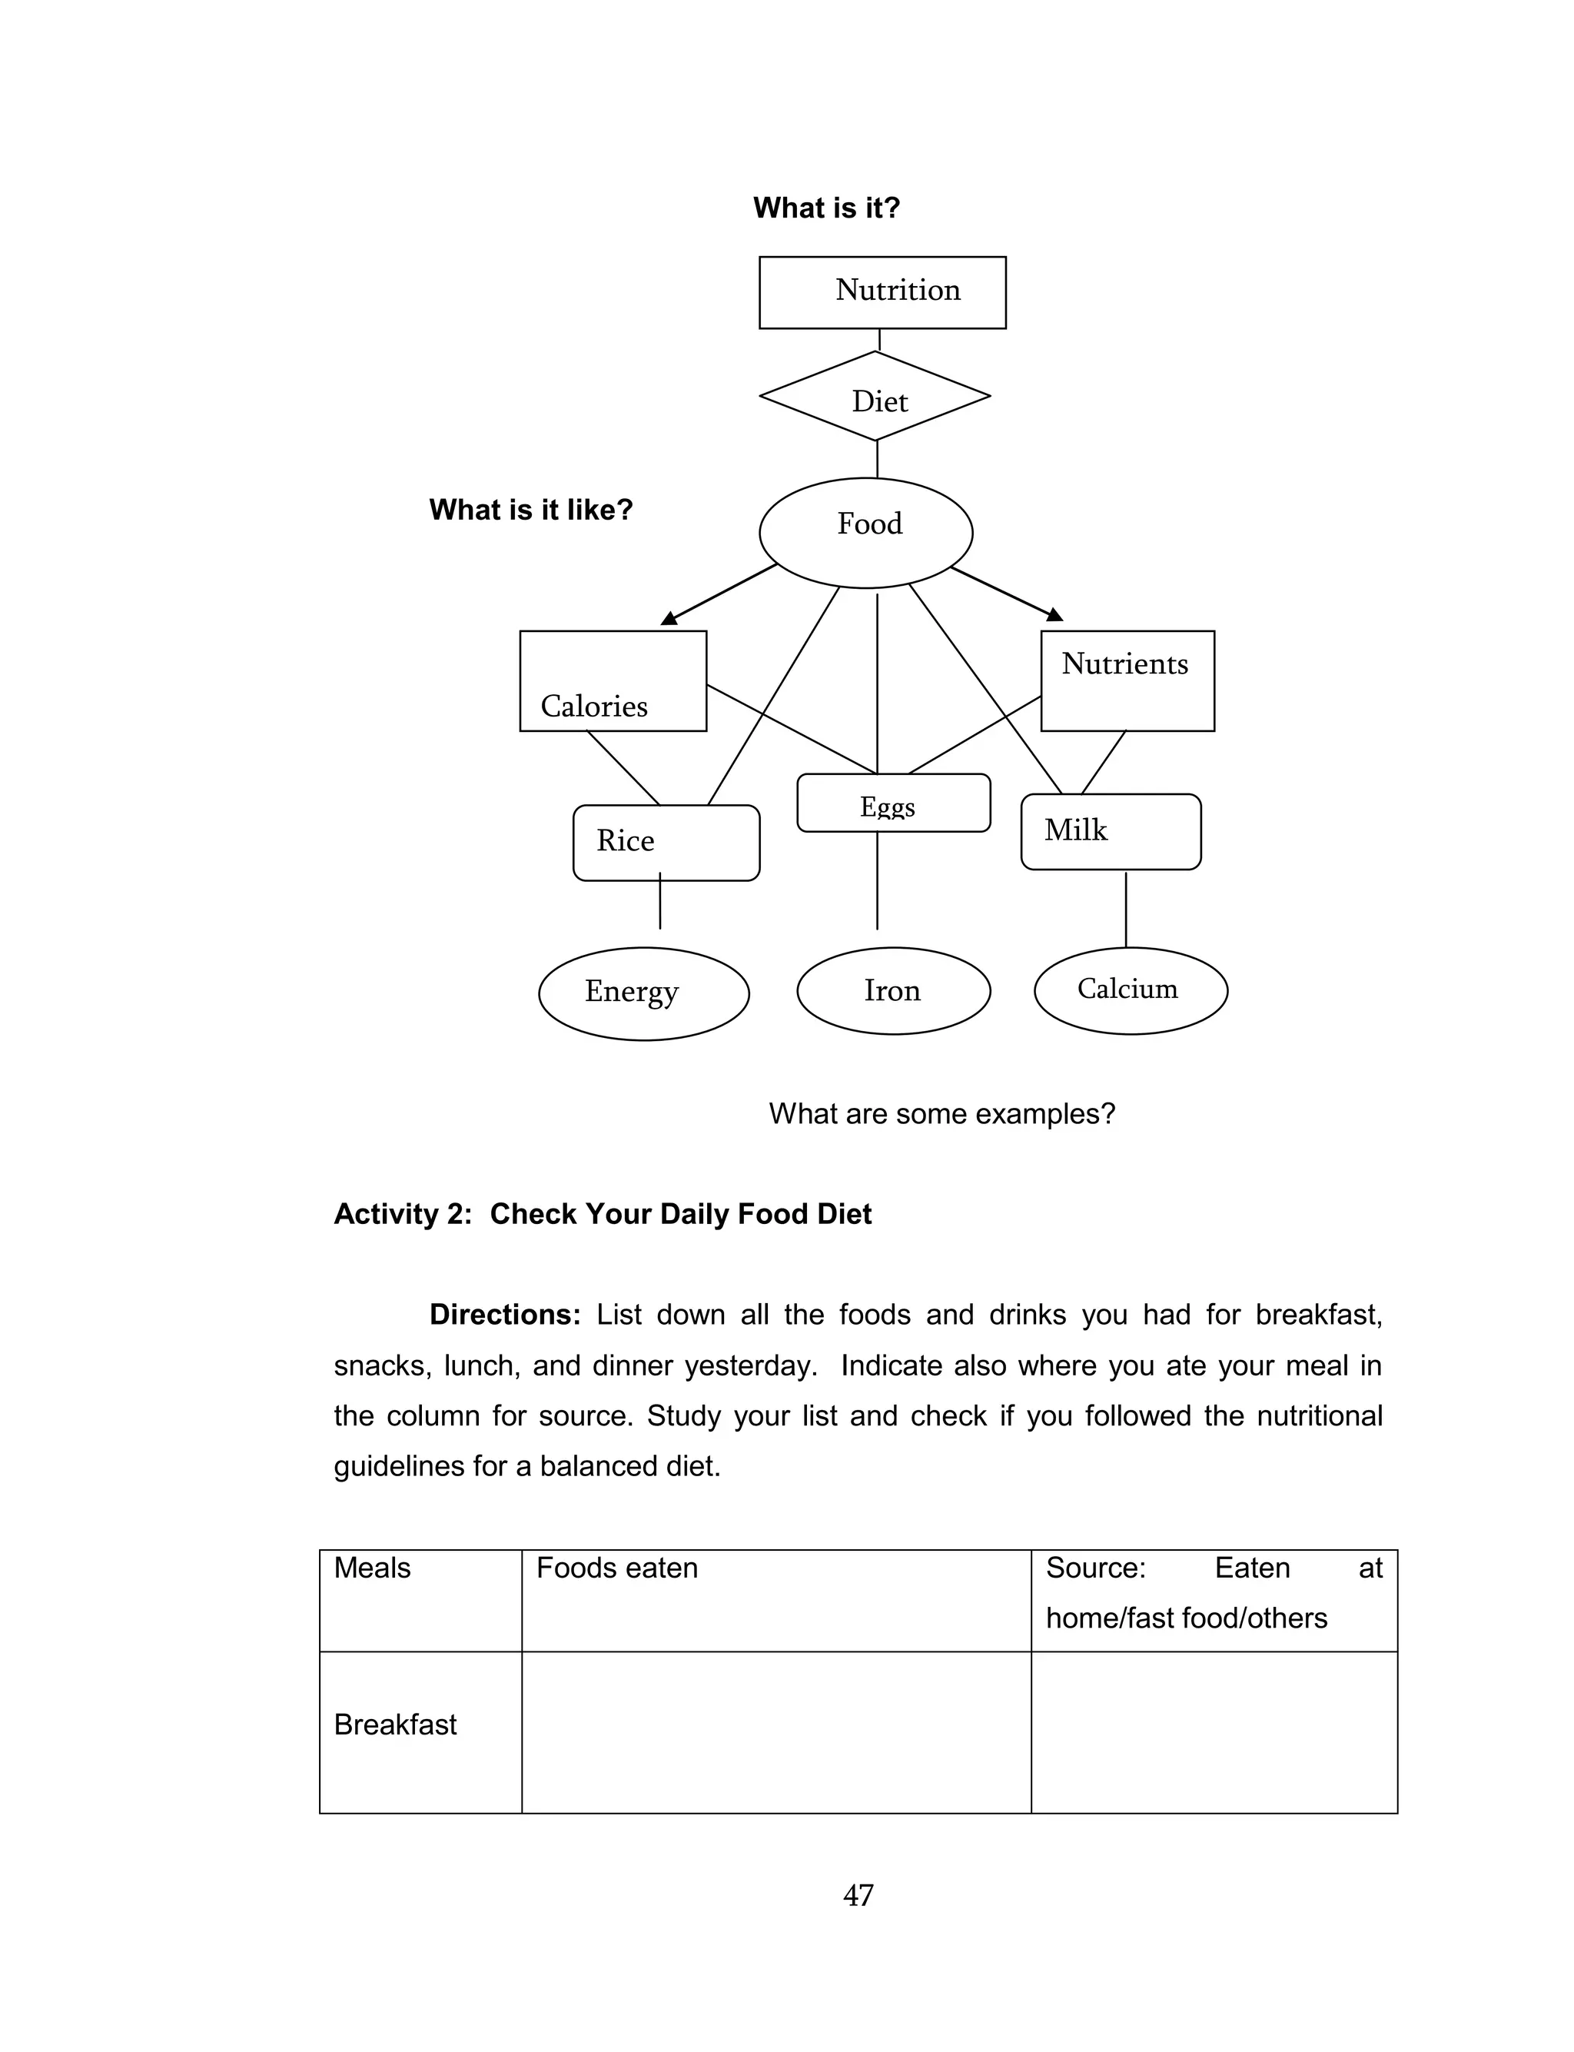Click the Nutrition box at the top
(x=882, y=292)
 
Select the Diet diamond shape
(x=875, y=397)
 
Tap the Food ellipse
(x=865, y=532)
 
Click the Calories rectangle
(x=613, y=681)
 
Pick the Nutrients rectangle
(x=1127, y=680)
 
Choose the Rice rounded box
(x=666, y=843)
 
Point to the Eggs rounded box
(x=893, y=803)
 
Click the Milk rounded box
(x=1111, y=832)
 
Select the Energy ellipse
(x=643, y=993)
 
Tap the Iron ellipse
(x=893, y=990)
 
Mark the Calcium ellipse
(x=1130, y=990)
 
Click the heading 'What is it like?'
(x=530, y=510)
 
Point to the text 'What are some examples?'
(x=941, y=1113)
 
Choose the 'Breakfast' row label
(x=394, y=1724)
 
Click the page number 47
(x=858, y=1894)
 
